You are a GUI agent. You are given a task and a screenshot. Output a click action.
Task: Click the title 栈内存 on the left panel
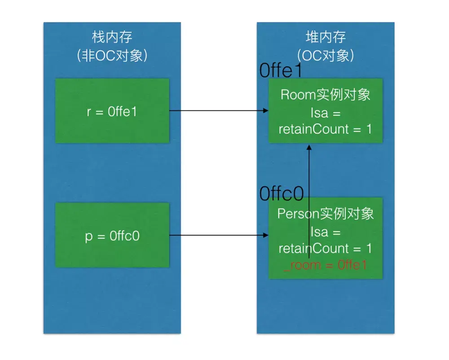click(112, 36)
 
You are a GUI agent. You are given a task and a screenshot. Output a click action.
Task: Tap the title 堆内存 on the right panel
click(326, 36)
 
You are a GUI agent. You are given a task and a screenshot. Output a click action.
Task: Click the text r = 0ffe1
click(112, 111)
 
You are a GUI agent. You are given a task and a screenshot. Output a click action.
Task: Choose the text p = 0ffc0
click(112, 236)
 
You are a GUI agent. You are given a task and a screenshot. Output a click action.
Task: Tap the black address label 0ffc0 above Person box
click(282, 193)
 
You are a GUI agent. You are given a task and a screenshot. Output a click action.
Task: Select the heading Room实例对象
click(326, 95)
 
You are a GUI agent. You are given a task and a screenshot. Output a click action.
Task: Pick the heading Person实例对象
click(326, 214)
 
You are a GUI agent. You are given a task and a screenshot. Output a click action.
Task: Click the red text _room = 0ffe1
click(326, 265)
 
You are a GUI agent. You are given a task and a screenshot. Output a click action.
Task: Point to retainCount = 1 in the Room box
click(326, 129)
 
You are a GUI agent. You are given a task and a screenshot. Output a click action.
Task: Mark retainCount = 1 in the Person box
click(326, 248)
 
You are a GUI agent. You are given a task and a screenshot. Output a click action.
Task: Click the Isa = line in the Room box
click(326, 112)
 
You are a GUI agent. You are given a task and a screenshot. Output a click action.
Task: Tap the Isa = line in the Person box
click(326, 232)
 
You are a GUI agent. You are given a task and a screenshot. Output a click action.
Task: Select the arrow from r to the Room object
click(216, 111)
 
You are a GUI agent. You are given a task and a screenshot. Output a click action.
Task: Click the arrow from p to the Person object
click(216, 235)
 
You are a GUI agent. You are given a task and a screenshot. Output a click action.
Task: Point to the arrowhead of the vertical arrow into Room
click(309, 147)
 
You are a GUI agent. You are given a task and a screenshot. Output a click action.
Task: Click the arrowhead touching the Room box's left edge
click(265, 111)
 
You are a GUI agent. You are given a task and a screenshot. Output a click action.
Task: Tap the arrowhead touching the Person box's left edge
click(265, 235)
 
